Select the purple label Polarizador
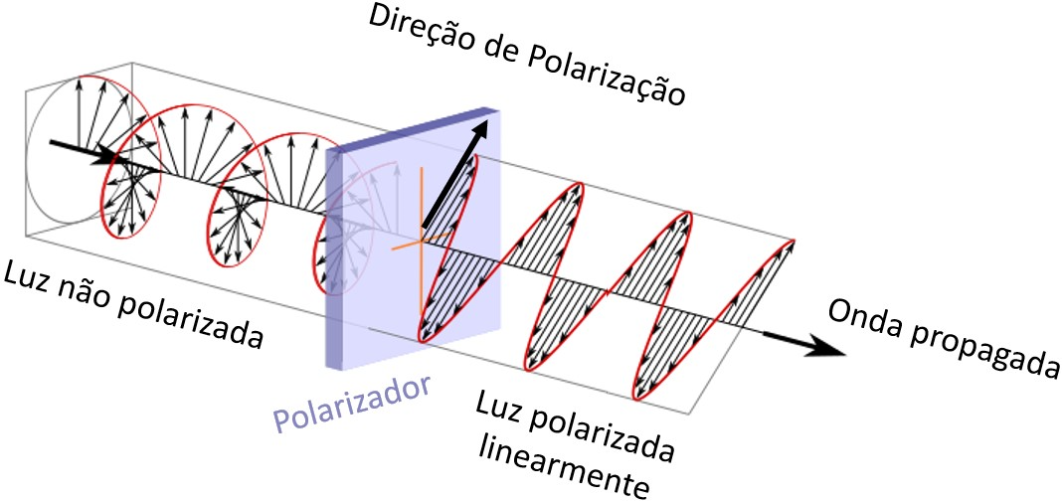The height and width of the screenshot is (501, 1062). point(352,406)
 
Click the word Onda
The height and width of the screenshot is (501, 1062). point(866,317)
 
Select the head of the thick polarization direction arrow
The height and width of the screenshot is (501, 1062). point(480,132)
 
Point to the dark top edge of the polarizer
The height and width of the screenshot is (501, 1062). point(413,129)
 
